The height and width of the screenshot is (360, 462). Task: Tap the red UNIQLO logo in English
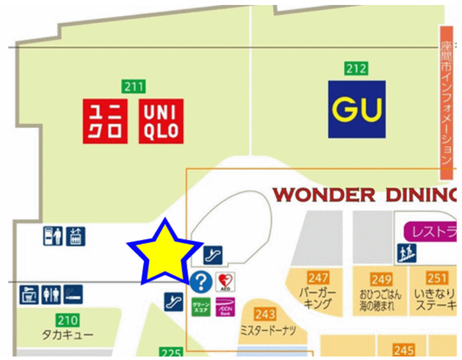point(161,121)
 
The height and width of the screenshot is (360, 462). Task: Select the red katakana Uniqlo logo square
point(105,121)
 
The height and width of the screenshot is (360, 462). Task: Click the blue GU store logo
point(357,109)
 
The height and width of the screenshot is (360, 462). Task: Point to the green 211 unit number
point(134,86)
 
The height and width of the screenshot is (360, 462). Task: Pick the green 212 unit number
point(356,68)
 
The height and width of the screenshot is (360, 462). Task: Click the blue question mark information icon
point(202,282)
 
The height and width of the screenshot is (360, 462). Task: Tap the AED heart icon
point(225,282)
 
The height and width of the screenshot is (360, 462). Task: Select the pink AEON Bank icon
point(225,306)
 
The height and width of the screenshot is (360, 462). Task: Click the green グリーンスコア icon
point(202,306)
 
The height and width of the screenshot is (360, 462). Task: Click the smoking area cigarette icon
point(73,294)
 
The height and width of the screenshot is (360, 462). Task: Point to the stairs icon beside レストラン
point(407,254)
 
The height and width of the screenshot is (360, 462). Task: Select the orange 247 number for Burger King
point(318,277)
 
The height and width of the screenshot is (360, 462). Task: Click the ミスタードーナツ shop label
point(268,331)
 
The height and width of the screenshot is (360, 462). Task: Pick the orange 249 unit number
point(381,279)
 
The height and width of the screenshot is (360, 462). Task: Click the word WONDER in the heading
point(324,195)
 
